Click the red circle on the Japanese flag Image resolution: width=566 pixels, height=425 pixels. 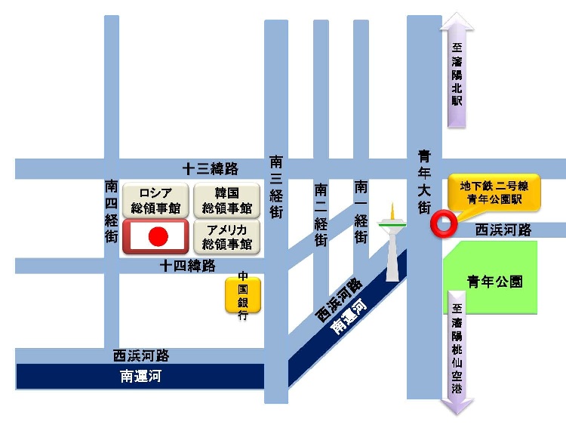158,237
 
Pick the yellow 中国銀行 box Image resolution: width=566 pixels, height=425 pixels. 243,295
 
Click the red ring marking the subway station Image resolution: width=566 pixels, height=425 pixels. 441,222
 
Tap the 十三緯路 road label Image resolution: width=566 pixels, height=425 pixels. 211,168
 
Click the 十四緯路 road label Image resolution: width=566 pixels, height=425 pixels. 188,266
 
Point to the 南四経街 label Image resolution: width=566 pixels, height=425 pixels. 112,211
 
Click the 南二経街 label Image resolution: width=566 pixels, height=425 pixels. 321,215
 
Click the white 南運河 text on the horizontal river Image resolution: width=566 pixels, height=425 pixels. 140,376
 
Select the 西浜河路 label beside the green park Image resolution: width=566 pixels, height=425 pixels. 504,229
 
